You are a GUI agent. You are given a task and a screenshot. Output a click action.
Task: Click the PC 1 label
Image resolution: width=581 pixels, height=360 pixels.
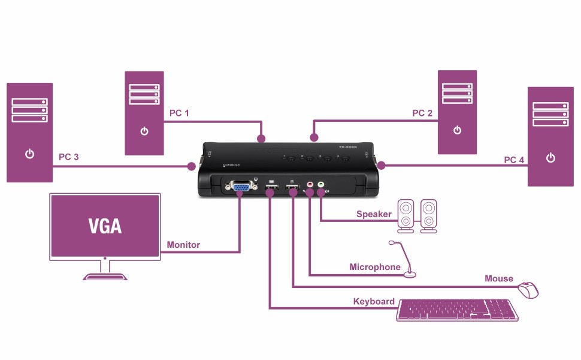[x=179, y=113]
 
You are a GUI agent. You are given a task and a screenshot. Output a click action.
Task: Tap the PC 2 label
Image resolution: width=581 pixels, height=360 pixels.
[x=422, y=113]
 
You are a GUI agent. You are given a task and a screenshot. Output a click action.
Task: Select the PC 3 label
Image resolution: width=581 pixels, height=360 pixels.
[x=69, y=157]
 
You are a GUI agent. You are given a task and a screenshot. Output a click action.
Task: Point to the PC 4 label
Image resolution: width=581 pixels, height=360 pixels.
[x=514, y=160]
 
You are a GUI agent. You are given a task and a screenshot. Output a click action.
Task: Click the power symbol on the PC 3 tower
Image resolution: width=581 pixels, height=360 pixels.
[x=30, y=154]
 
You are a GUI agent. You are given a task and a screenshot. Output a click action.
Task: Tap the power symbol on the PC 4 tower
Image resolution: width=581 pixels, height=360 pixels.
[x=550, y=158]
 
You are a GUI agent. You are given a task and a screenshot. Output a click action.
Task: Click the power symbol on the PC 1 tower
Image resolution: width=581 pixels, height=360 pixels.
[x=144, y=131]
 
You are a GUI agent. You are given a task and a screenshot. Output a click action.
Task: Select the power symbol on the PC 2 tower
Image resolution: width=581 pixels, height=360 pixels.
[x=457, y=130]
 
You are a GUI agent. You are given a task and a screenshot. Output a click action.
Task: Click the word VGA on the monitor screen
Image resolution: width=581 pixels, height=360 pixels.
[x=105, y=226]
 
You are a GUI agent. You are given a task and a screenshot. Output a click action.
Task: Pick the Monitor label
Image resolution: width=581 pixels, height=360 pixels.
[x=183, y=245]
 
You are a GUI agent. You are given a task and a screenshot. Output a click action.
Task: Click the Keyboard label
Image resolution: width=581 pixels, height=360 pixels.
[x=374, y=301]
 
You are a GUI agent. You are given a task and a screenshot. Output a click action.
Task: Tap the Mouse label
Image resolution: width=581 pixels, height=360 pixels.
[x=499, y=278]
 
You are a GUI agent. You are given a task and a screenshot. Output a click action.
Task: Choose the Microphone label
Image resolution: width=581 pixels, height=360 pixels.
[x=375, y=267]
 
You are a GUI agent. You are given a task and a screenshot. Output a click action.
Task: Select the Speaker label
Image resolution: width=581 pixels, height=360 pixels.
[x=374, y=214]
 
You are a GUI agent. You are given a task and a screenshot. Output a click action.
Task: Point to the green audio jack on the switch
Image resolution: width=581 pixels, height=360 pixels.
[x=321, y=186]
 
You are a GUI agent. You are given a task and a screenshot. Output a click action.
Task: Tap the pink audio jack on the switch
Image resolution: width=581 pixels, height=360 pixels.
[x=310, y=186]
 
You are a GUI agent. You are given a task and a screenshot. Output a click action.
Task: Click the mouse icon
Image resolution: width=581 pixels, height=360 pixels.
[x=528, y=290]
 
